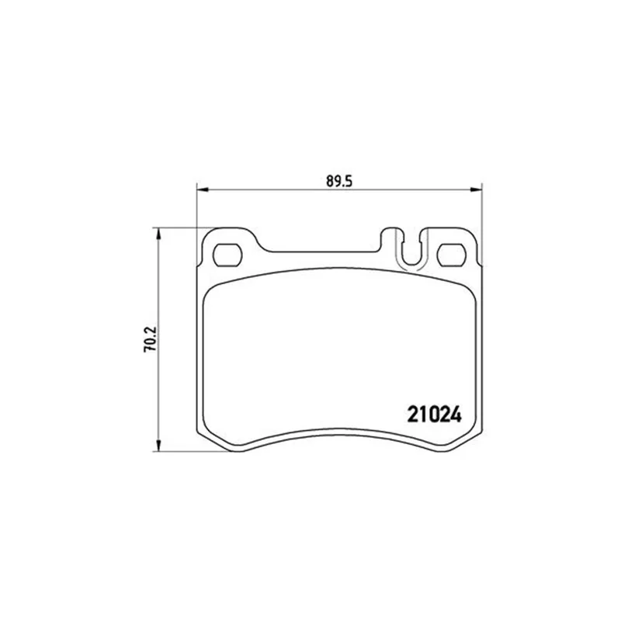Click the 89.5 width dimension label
coord(339,181)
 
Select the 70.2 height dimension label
coord(151,339)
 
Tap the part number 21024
coord(435,415)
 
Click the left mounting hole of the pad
coord(227,255)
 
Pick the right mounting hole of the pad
coord(452,255)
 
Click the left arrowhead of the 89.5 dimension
coord(203,189)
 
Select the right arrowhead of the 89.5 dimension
coord(477,189)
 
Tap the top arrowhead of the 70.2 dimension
coord(159,234)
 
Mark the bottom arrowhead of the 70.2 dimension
coord(159,446)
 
